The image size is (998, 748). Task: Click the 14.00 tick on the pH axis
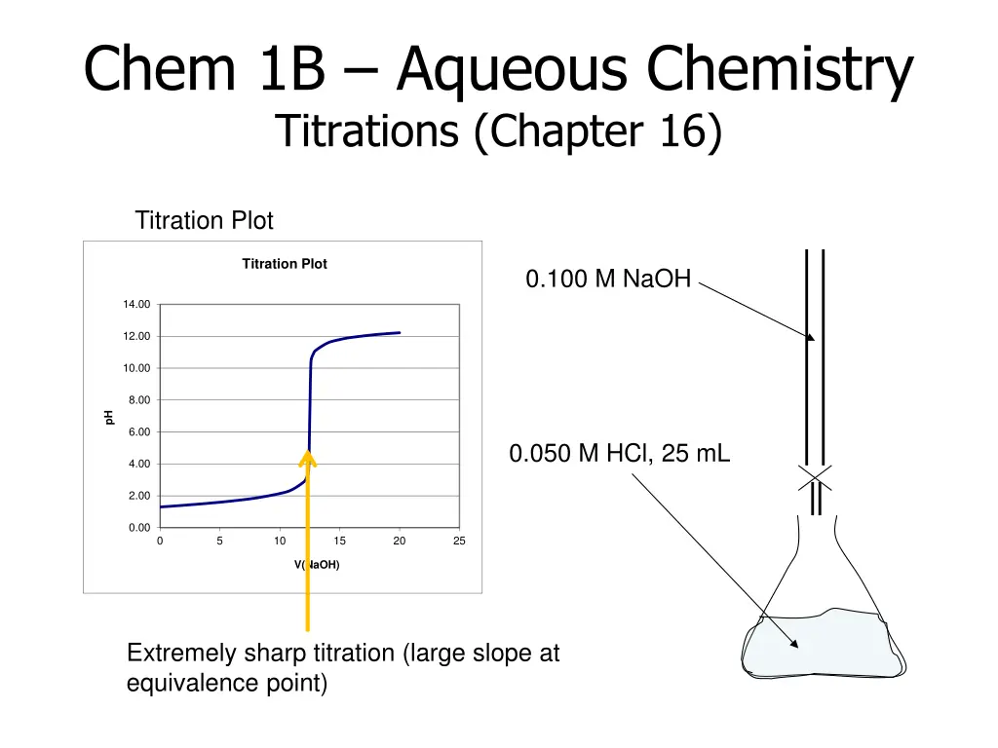(x=136, y=305)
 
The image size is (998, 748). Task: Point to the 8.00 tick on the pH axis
(x=138, y=400)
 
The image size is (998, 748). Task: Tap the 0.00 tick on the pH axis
(x=138, y=528)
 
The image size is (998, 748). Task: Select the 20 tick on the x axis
(x=400, y=542)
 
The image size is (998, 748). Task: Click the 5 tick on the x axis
(x=220, y=542)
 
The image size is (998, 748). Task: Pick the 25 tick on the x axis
(x=459, y=542)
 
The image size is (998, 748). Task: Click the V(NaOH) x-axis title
(x=317, y=564)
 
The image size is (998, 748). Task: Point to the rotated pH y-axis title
(x=109, y=417)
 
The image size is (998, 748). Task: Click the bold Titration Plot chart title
(x=285, y=264)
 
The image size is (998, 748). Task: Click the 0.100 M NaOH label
(x=608, y=280)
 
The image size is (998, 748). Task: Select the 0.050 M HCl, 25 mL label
(x=619, y=453)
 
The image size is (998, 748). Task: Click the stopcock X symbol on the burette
(x=815, y=476)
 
